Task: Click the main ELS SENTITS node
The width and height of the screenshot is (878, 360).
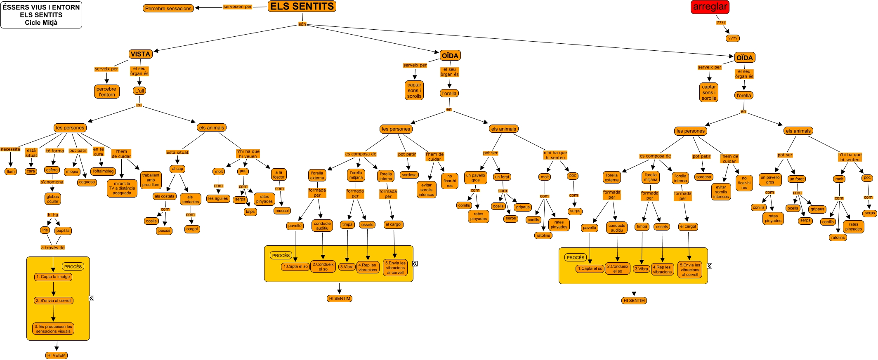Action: (x=302, y=7)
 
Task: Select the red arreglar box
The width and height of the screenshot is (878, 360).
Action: (x=710, y=7)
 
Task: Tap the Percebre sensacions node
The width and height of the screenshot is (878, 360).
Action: (x=168, y=8)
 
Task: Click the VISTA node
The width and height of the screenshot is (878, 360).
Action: (x=140, y=54)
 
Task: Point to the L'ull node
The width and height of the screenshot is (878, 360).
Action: (x=140, y=91)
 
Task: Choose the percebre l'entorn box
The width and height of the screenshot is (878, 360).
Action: (x=106, y=92)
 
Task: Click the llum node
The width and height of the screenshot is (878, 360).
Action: (x=11, y=172)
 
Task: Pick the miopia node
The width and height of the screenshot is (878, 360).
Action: (x=72, y=172)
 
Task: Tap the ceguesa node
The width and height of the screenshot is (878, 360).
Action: (x=87, y=182)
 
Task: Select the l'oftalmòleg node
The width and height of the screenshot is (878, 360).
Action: (x=103, y=171)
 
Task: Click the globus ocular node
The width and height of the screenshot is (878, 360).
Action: (x=52, y=199)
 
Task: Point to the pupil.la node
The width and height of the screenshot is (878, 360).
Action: (x=63, y=231)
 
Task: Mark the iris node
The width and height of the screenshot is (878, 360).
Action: (x=45, y=230)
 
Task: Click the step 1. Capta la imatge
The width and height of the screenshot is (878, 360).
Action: (x=53, y=277)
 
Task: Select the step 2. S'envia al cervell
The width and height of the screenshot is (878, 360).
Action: (x=54, y=301)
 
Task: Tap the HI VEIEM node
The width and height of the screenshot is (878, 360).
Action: (x=56, y=355)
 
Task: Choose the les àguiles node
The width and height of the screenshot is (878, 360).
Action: (x=218, y=198)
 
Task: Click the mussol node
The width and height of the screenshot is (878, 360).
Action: (x=282, y=211)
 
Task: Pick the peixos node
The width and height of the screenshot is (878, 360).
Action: (x=164, y=231)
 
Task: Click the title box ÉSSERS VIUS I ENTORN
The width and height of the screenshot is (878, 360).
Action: (x=41, y=15)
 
